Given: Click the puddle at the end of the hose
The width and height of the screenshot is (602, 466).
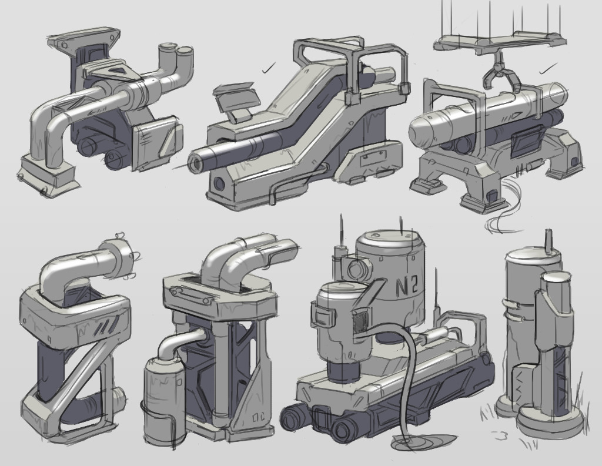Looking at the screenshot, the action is pos(422,441).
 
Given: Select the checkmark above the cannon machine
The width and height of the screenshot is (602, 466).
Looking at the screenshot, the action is pos(269,68).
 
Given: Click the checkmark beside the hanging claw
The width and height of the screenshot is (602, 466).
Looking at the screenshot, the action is pos(548,69).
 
